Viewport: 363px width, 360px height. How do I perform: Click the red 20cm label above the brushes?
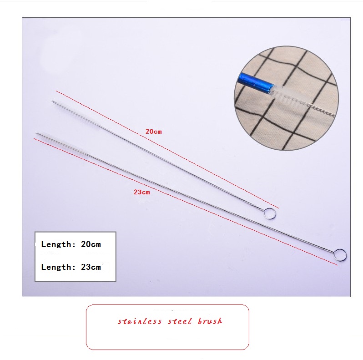click(153, 132)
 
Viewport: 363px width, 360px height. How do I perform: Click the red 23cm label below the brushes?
click(141, 192)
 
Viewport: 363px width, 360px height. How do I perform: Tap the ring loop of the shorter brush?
click(270, 213)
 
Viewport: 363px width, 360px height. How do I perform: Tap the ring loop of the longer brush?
click(340, 254)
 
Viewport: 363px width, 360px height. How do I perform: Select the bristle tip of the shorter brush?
click(53, 101)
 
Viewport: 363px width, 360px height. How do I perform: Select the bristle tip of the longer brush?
click(37, 134)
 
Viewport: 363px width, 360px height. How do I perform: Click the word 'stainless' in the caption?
click(140, 321)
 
